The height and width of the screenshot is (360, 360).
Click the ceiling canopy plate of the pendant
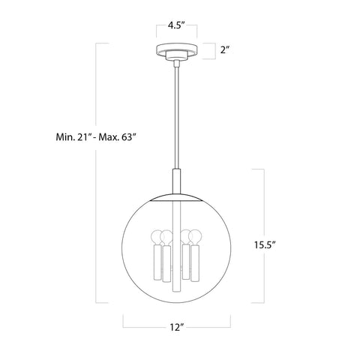coord(176,53)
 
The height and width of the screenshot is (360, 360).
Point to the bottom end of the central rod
coord(176,290)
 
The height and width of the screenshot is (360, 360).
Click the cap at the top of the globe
coord(176,196)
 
